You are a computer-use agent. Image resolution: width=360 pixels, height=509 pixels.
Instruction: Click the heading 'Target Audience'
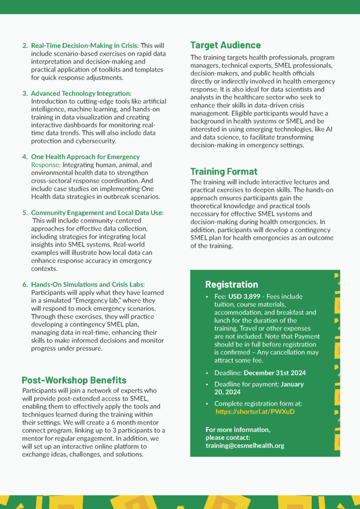225,45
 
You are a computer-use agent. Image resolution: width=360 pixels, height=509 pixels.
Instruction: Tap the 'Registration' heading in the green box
231,284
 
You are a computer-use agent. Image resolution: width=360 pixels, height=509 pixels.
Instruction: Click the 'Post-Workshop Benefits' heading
74,380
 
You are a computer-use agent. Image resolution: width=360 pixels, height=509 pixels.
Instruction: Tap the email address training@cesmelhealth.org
245,445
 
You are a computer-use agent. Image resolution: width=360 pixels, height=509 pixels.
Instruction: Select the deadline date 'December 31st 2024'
274,373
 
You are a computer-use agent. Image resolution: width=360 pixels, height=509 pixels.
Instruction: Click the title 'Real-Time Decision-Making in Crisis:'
85,46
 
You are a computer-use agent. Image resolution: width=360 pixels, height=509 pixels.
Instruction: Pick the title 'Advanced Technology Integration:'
81,93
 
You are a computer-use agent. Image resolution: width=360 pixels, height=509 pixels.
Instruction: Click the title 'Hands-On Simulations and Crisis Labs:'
88,284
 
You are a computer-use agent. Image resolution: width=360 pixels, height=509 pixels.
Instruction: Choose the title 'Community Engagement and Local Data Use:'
97,213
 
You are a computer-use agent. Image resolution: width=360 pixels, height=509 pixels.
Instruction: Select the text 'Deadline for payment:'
246,384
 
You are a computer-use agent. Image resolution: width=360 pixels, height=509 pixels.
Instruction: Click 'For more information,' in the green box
238,429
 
